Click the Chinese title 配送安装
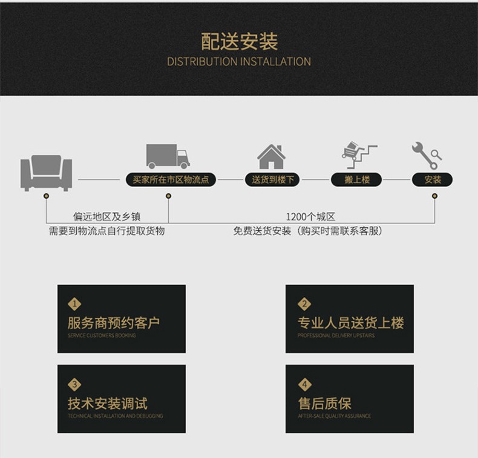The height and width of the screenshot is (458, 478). tap(239, 41)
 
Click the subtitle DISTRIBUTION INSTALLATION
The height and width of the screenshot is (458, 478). tap(239, 62)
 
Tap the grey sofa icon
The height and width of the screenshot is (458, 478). tap(46, 172)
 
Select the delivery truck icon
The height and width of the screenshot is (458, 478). tap(168, 156)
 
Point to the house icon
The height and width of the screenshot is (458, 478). tap(271, 157)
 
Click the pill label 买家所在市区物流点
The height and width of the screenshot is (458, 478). tap(170, 179)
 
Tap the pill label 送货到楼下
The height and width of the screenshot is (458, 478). tap(272, 179)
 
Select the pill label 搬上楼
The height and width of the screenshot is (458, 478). tap(357, 179)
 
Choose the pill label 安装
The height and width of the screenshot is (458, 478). tap(433, 179)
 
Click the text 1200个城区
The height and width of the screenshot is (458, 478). tap(310, 217)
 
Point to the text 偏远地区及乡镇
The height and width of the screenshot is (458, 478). tap(107, 217)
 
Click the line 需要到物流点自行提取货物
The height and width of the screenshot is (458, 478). tap(107, 231)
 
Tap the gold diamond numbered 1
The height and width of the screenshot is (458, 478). tap(75, 304)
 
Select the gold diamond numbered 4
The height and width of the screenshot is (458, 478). tap(304, 384)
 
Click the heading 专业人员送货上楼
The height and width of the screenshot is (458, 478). tap(350, 323)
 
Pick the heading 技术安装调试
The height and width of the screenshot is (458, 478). tap(108, 403)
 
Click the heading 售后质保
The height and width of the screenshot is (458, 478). tap(324, 403)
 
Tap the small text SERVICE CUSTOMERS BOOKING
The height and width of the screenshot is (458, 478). tap(102, 336)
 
